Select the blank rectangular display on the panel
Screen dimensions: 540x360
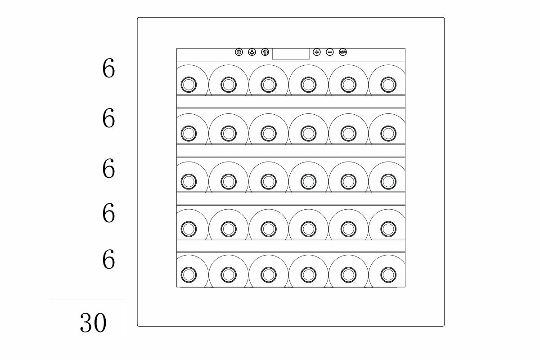coord(291,53)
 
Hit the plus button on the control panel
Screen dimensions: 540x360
coord(317,52)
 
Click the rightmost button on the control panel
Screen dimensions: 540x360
coord(343,52)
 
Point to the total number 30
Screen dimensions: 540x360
coord(93,322)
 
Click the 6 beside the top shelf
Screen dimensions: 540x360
coord(108,70)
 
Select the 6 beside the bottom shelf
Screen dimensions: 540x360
coord(108,260)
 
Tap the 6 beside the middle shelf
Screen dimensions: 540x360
coord(108,168)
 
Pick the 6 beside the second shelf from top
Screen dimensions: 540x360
coord(108,118)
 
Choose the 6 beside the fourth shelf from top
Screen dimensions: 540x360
coord(108,213)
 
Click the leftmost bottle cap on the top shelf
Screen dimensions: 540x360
coord(188,84)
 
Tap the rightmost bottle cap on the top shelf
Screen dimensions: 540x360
coord(387,84)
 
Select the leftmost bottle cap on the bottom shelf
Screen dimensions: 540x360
coord(188,274)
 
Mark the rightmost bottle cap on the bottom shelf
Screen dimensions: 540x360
coord(387,274)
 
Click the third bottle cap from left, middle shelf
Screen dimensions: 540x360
coord(268,181)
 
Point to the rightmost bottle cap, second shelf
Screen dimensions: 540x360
coord(387,132)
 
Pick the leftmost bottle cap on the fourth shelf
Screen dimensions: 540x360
coord(188,228)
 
